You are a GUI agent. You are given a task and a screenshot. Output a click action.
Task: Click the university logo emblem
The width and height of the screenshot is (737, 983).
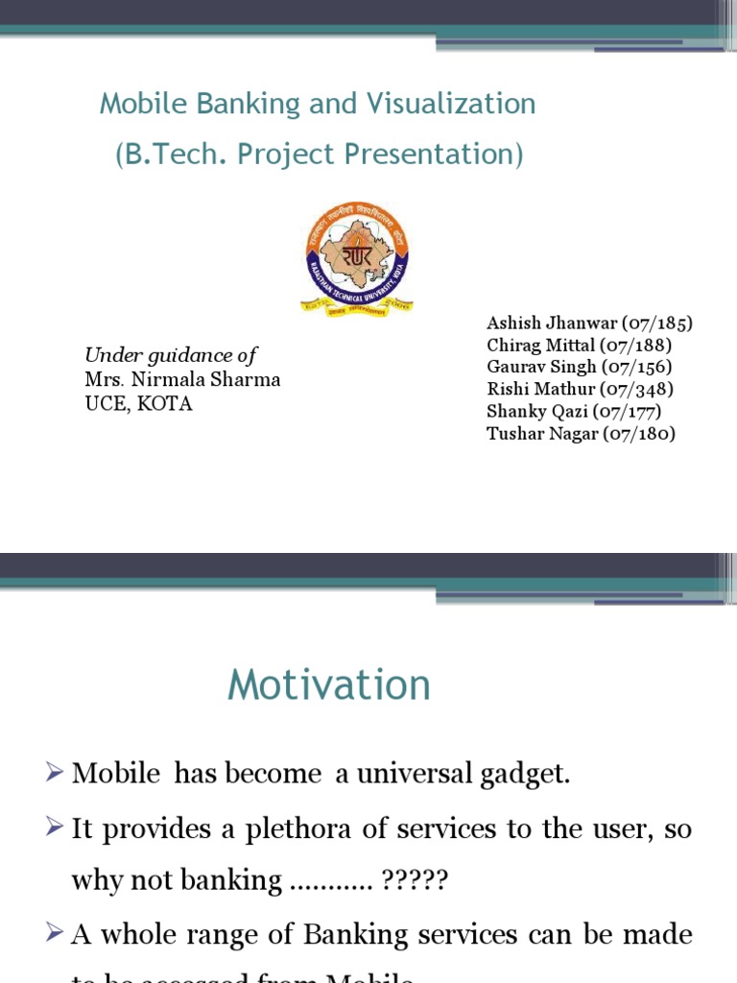click(357, 260)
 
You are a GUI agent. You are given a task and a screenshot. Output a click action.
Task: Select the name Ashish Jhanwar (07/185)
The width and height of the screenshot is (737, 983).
click(589, 323)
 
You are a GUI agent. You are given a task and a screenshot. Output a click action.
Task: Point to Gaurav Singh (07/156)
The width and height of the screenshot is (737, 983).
click(580, 367)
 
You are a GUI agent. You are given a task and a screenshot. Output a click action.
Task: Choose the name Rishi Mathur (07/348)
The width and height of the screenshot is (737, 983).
click(581, 389)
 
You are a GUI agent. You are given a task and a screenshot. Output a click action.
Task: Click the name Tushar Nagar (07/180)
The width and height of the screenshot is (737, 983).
click(582, 433)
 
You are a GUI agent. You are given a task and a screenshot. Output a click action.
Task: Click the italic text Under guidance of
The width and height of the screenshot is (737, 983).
click(171, 354)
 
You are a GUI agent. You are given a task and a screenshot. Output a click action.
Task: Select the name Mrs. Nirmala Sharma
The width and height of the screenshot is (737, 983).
click(182, 379)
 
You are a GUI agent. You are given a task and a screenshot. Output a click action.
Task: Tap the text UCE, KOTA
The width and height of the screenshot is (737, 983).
click(138, 403)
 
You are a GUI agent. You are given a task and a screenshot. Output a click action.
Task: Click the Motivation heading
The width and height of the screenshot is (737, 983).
click(329, 685)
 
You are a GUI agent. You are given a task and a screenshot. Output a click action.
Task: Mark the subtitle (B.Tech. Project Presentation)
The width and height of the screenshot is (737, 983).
click(319, 155)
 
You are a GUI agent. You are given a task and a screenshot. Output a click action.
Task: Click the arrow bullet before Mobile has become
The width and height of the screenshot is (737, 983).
click(57, 775)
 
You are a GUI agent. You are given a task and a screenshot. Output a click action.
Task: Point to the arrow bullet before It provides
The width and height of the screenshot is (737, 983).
click(57, 829)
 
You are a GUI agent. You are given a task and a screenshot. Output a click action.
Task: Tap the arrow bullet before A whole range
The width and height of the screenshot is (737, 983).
click(57, 934)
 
